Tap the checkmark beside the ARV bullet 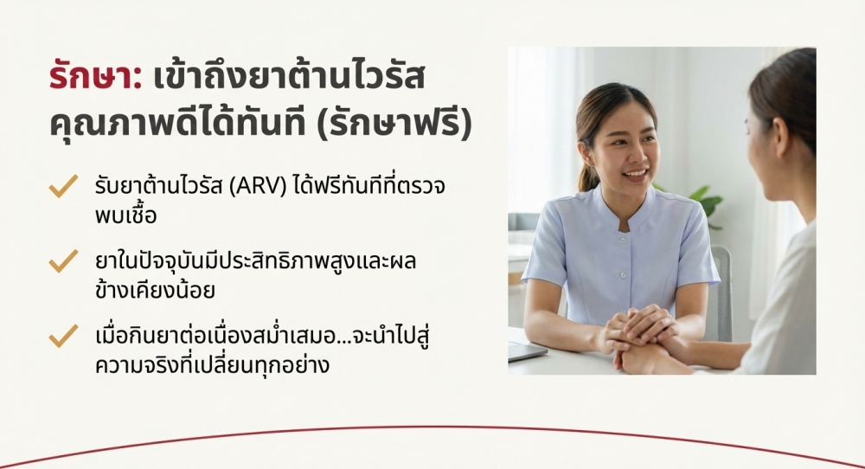pos(63,186)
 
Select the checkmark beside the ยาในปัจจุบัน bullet pos(63,261)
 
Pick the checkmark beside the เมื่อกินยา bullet pos(63,336)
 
